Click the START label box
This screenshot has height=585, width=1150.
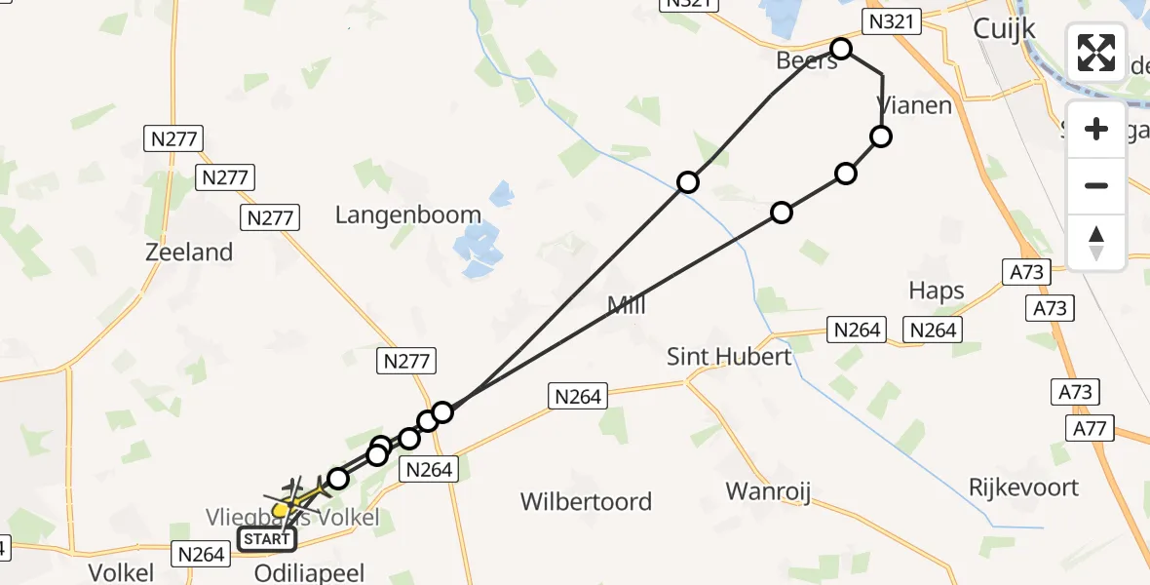266,539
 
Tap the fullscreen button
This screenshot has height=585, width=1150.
1096,52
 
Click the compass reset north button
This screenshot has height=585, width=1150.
1096,243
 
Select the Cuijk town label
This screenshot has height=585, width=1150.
1003,30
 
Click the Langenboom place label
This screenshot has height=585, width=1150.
408,214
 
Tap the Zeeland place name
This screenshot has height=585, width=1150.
189,252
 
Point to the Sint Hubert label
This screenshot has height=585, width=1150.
729,357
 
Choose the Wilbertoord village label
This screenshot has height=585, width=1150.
586,502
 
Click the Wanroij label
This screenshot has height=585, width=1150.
769,489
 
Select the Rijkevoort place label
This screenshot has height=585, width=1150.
1023,487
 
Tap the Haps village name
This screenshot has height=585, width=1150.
936,291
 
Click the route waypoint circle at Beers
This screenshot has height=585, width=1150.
840,49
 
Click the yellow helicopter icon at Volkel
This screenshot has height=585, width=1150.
281,509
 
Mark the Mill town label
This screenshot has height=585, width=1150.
627,306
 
